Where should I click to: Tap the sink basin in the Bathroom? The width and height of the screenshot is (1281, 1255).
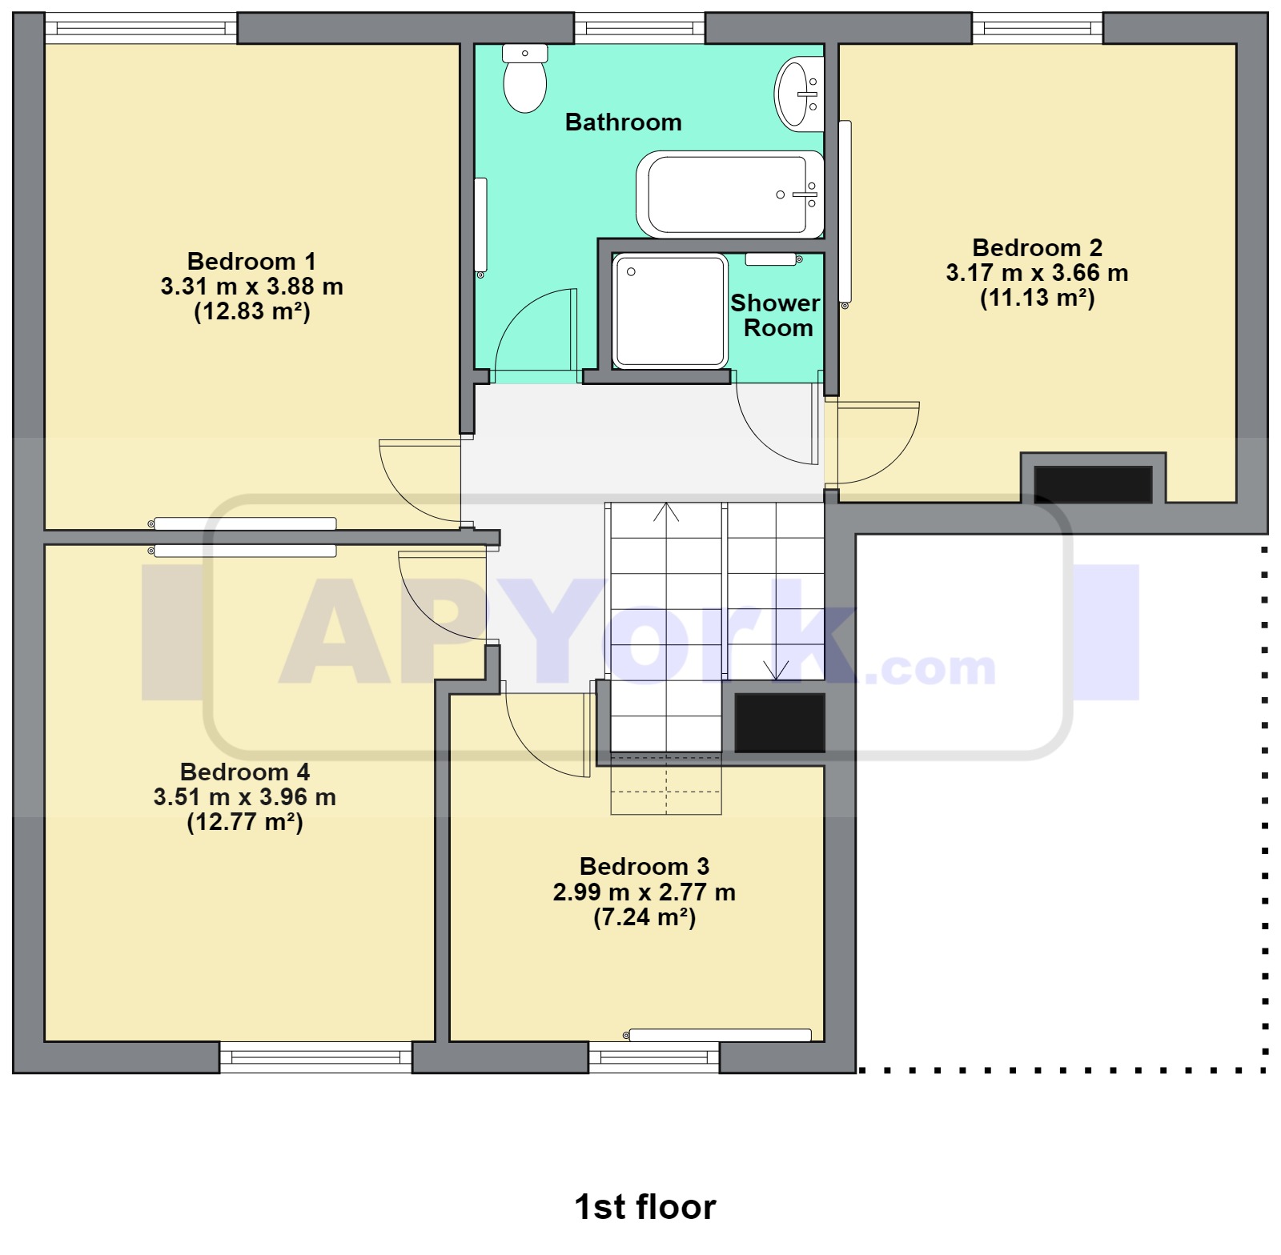coord(797,94)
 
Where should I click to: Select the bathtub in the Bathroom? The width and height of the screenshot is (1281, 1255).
coord(729,194)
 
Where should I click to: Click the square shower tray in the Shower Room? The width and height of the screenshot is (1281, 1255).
coord(669,311)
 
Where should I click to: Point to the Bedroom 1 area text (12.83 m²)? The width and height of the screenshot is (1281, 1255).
coord(251,311)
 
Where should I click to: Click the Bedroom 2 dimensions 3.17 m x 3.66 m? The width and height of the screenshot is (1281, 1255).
coord(1037,273)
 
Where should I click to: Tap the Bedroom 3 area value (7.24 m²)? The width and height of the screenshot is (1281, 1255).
coord(645,917)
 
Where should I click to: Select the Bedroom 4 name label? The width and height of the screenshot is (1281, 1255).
coord(244,772)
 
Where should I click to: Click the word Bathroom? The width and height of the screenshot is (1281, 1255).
coord(623,122)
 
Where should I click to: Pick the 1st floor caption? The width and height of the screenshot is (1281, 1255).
coord(645,1207)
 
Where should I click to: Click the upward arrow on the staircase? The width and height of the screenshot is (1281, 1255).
coord(666,512)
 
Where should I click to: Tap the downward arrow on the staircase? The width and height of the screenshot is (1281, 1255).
coord(776,669)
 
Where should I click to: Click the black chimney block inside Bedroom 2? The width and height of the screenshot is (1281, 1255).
coord(1093,484)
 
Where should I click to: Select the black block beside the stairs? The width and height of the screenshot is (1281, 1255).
coord(779,723)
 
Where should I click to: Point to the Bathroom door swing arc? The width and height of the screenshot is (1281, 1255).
coord(532,332)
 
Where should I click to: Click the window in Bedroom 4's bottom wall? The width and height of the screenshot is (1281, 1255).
coord(315,1057)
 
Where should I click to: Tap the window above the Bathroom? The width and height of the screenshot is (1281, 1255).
coord(639,29)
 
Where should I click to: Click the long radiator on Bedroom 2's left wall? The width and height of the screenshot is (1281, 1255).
coord(845,212)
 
